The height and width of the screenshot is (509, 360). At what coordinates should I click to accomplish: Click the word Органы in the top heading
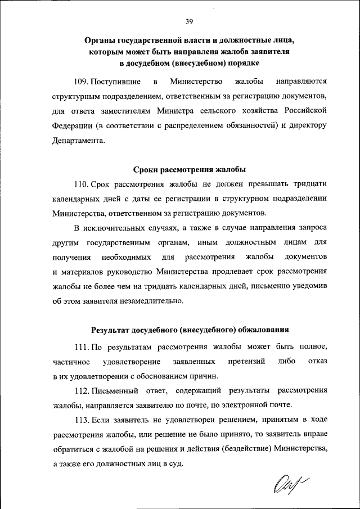(x=104, y=41)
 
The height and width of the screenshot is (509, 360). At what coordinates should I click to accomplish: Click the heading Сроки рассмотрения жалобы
(x=189, y=169)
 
